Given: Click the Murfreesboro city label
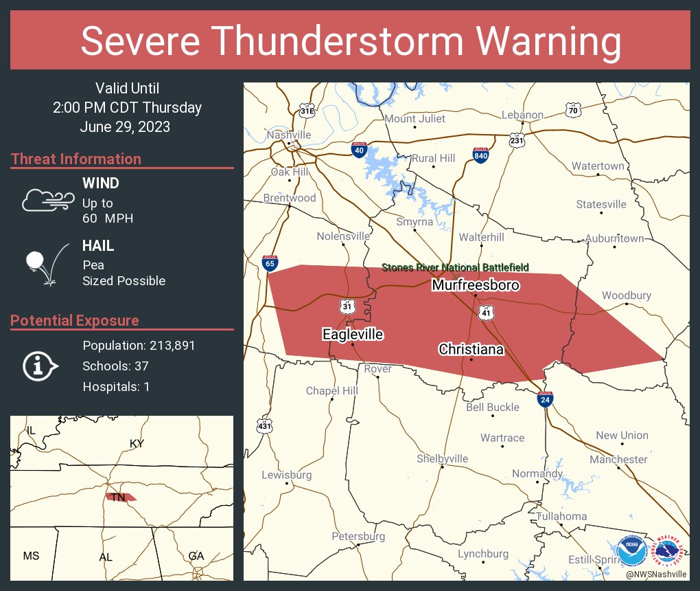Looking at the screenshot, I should [x=475, y=285].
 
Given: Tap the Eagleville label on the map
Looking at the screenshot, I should [x=353, y=335].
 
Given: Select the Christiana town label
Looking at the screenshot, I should [x=471, y=350].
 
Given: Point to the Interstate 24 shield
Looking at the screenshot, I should [x=545, y=399].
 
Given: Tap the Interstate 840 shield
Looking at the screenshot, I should [x=480, y=155].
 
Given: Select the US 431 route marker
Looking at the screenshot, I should [x=264, y=426].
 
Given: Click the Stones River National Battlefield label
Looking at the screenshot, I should [x=455, y=267].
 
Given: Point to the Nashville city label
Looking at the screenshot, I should [x=289, y=135].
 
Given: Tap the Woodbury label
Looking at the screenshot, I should [x=626, y=295].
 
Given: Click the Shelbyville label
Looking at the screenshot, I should [x=442, y=458].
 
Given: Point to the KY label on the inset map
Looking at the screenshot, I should [x=137, y=444].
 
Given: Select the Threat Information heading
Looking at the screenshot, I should [x=76, y=159].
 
